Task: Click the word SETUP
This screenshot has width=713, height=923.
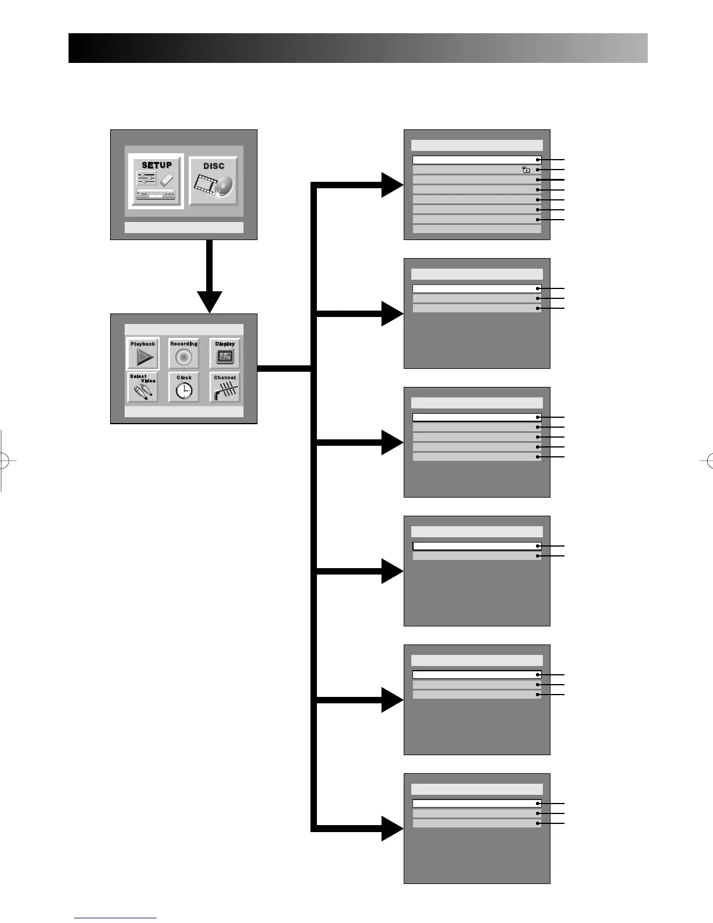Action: [156, 165]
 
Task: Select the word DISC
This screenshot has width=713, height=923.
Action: [214, 166]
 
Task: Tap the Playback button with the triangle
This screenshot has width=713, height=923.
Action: [143, 354]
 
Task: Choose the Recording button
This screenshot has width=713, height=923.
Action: [183, 354]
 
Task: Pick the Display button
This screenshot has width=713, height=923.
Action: [225, 354]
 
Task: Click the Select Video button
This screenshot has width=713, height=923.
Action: [143, 387]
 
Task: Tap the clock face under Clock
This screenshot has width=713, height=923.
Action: [183, 391]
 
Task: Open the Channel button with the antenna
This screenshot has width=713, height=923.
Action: [225, 387]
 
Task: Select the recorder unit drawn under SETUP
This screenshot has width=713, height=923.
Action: [156, 195]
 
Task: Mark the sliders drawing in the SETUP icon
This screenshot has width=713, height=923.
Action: [146, 178]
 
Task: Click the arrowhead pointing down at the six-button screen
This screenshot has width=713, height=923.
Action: [209, 302]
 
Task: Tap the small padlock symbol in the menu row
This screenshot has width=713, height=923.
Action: [526, 170]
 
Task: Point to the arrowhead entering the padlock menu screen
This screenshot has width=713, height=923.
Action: [392, 185]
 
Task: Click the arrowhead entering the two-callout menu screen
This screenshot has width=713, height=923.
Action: [392, 572]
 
